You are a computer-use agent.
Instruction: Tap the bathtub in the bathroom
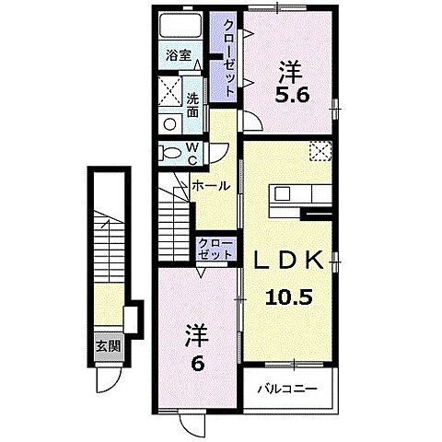coord(179,27)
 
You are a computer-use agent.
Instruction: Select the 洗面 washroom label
coord(192,105)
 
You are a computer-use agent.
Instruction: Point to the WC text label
coord(192,153)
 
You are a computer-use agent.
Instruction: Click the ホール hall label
coord(211,185)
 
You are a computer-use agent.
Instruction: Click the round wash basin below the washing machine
coord(169,123)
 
